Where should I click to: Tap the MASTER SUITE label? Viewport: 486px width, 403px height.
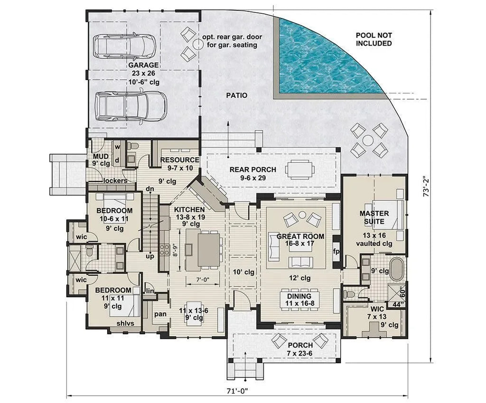point(374,217)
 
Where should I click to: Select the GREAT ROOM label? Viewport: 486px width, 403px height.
point(300,236)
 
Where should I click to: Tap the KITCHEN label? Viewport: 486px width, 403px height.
point(189,209)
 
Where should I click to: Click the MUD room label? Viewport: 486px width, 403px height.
point(101,156)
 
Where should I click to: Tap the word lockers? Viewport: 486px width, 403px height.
point(115,181)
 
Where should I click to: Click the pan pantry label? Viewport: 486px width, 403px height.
point(159,314)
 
